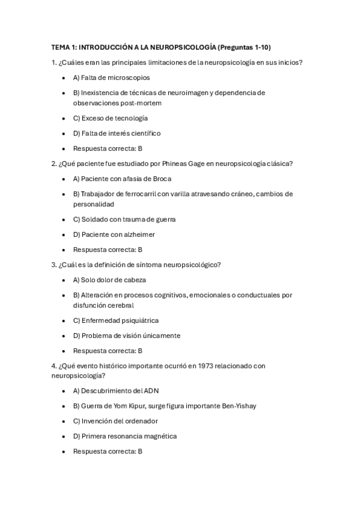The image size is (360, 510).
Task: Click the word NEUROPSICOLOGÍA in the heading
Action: (x=183, y=47)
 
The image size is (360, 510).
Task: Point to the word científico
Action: (x=143, y=133)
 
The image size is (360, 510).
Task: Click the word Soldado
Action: (x=94, y=220)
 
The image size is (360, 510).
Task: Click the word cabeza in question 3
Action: (x=133, y=280)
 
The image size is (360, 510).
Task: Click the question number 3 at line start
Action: (x=53, y=265)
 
